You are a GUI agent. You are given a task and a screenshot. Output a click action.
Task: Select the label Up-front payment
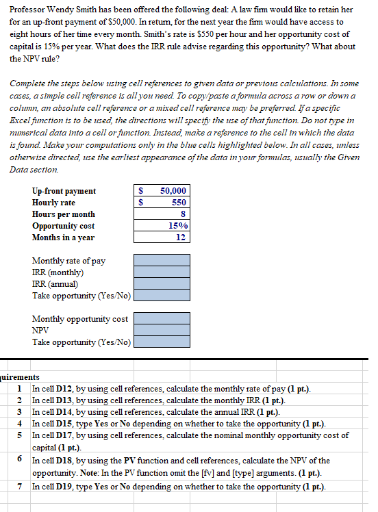pos(64,191)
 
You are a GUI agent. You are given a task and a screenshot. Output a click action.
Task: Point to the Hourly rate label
pos(53,203)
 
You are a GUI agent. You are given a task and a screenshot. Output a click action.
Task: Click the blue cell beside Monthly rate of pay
pos(162,261)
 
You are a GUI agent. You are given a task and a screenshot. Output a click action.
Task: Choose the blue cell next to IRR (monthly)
pos(162,272)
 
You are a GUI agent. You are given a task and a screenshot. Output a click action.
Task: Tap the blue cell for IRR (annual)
pos(162,284)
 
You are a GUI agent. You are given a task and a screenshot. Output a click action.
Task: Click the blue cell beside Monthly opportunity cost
pos(162,319)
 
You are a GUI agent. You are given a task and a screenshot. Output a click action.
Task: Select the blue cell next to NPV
pos(162,331)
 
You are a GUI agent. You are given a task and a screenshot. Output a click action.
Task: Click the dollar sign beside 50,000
pos(140,191)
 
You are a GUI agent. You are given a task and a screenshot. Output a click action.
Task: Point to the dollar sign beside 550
pos(140,203)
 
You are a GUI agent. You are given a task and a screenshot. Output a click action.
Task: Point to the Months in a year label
pos(63,238)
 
